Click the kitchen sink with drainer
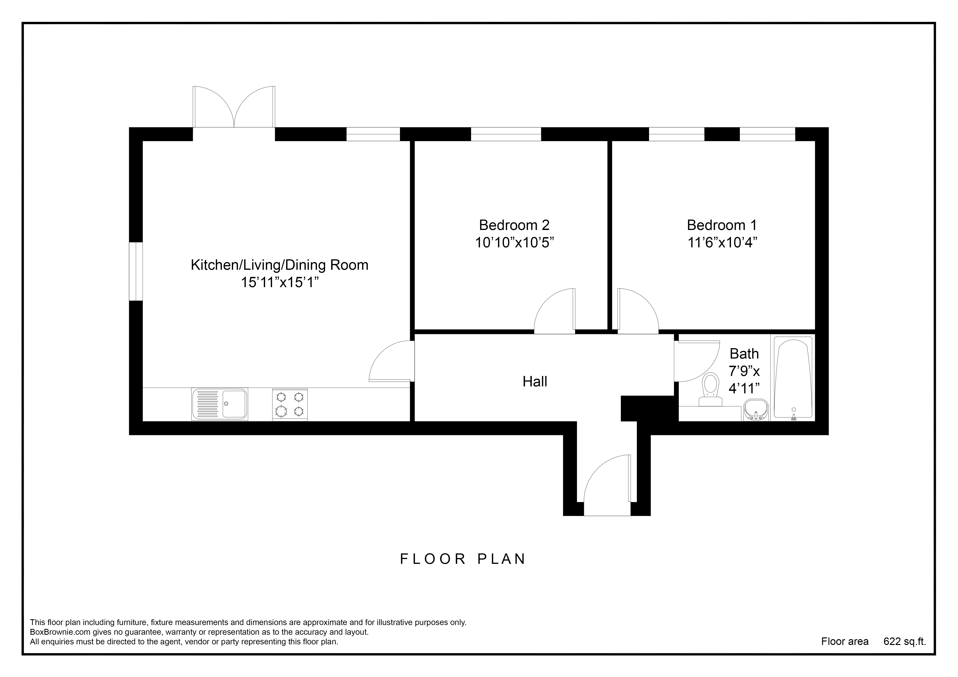click(220, 404)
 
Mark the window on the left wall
click(136, 271)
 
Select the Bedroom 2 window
click(506, 134)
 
